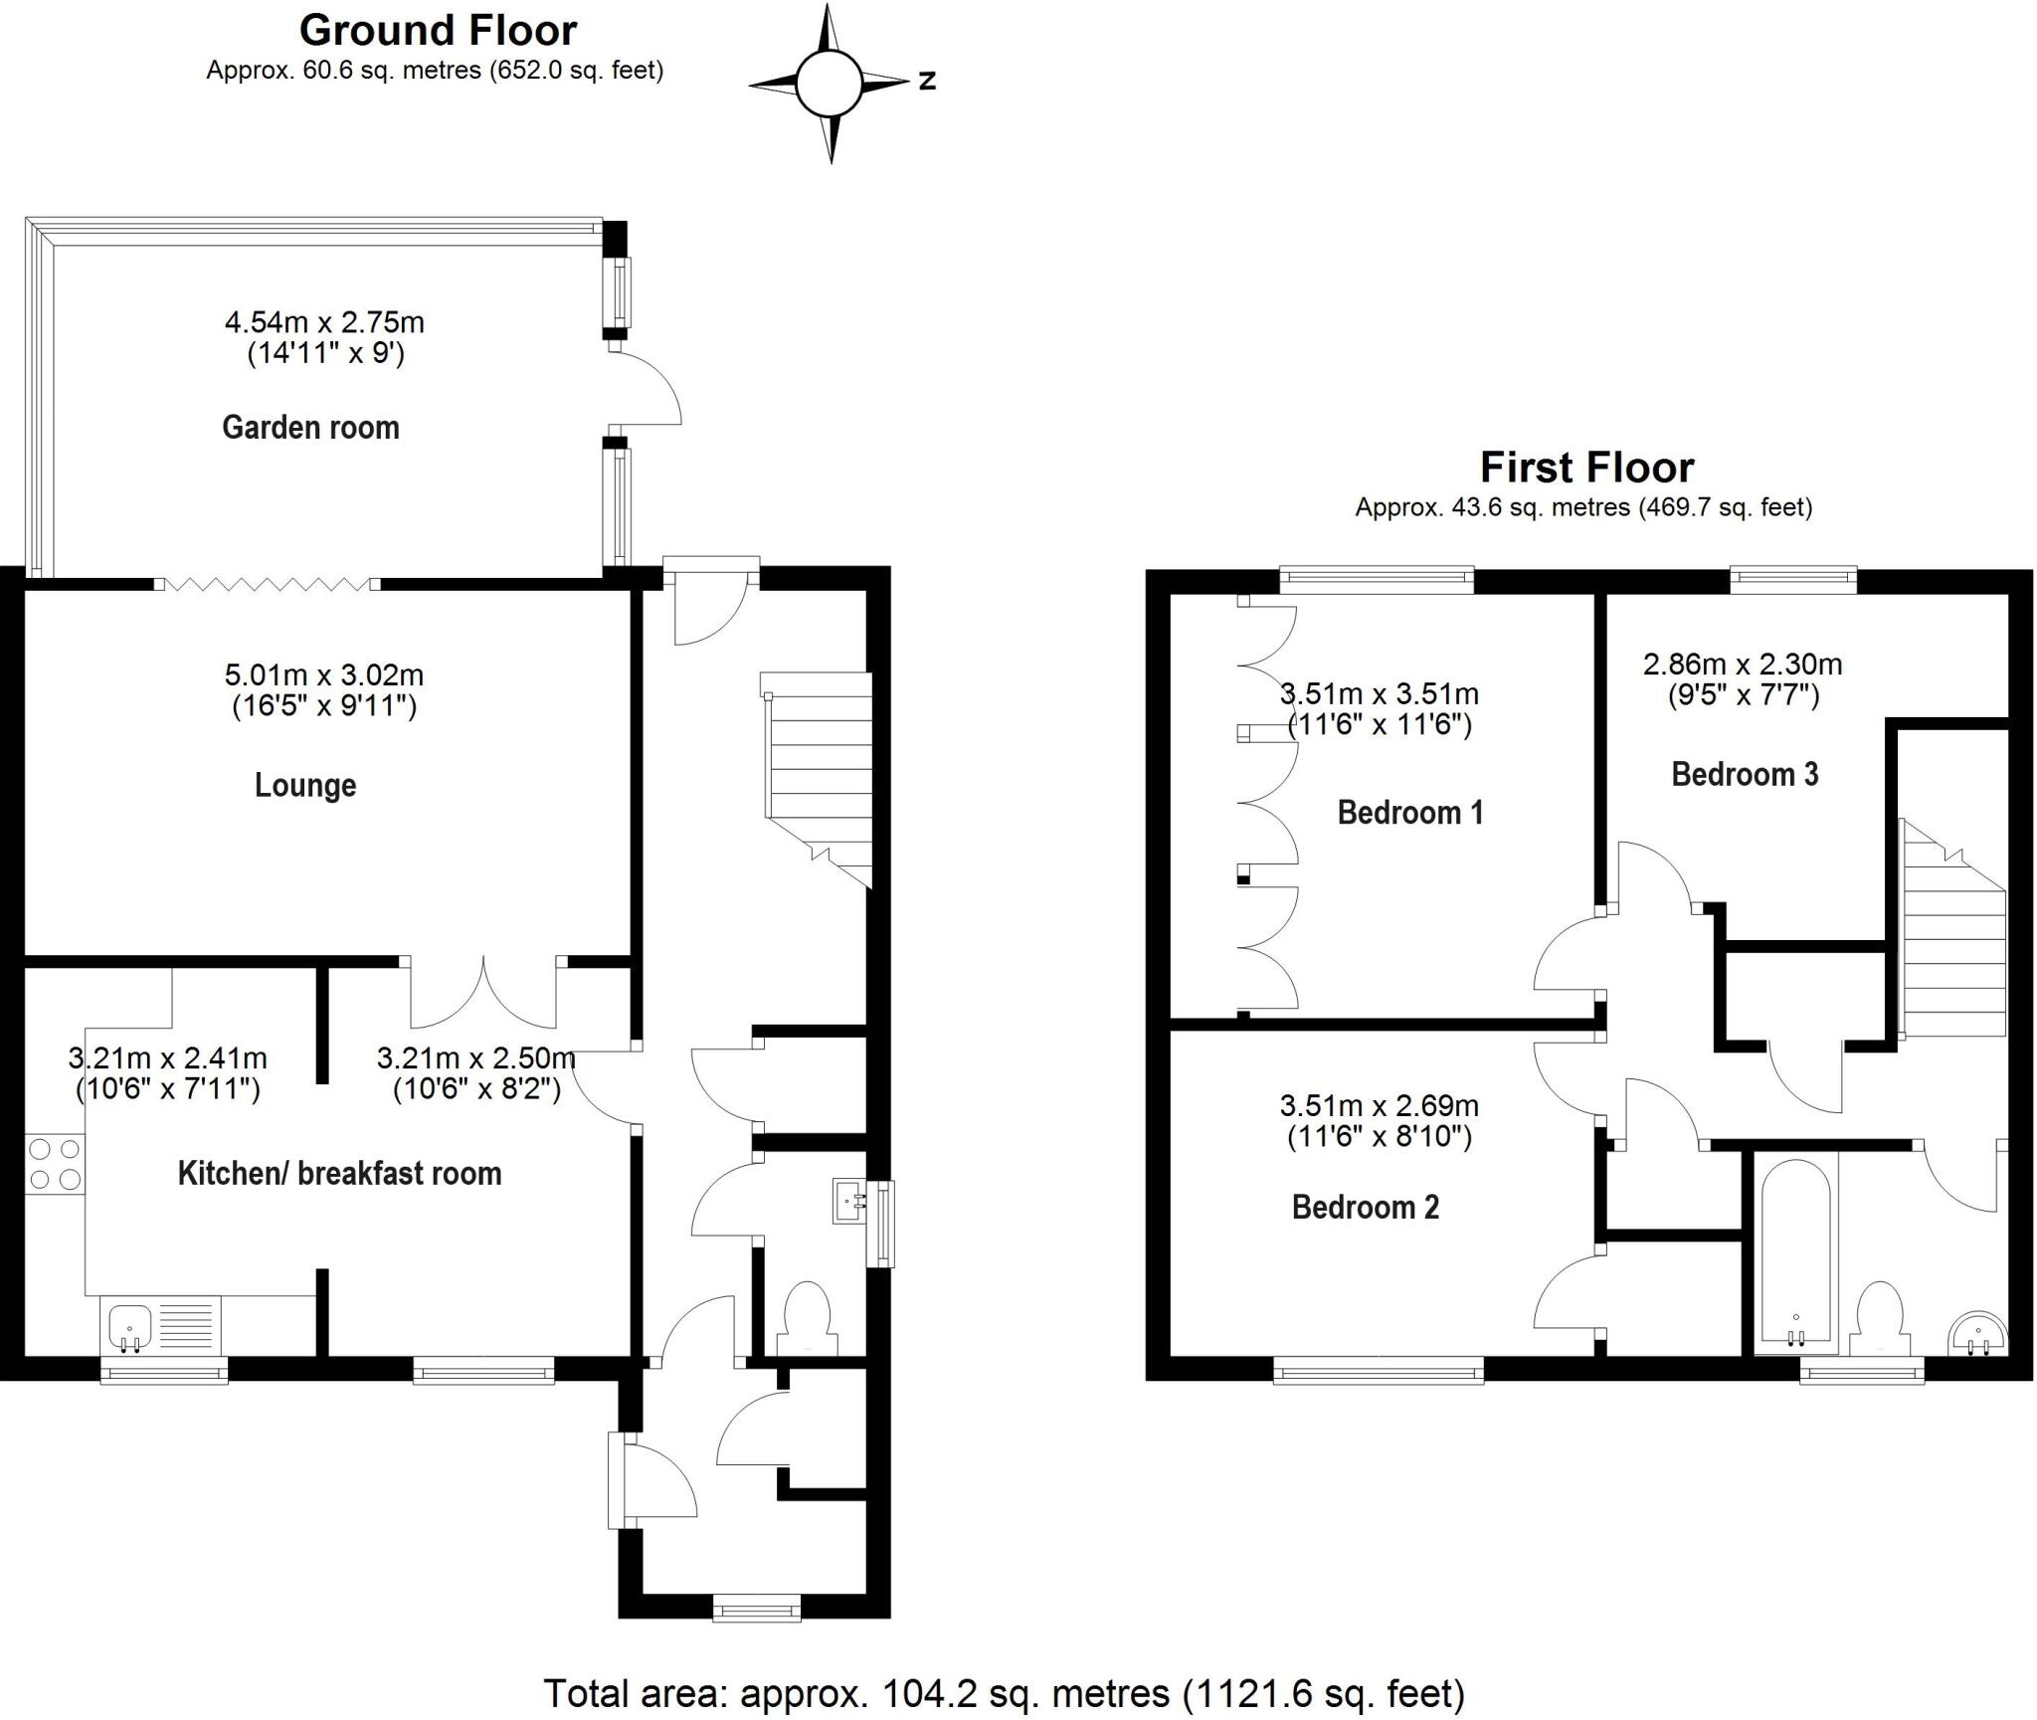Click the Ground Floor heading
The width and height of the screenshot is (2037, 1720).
438,31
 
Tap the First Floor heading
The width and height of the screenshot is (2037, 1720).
1586,468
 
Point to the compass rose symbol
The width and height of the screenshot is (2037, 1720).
828,84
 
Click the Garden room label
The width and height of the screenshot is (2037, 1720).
310,428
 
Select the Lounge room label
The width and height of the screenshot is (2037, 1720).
305,786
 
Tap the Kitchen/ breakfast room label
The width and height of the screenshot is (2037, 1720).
339,1174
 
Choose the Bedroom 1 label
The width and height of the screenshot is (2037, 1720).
1409,813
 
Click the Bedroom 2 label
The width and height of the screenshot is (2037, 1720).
1365,1208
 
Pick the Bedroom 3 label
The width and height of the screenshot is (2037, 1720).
1745,774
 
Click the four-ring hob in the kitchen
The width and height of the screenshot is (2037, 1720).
55,1164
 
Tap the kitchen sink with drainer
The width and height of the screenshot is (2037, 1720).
159,1327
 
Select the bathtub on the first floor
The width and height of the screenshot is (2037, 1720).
1795,1251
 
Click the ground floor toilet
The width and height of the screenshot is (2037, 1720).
807,1317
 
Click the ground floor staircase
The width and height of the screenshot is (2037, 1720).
818,776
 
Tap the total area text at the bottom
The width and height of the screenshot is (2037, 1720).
1004,1692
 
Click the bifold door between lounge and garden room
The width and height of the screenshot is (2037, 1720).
268,584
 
